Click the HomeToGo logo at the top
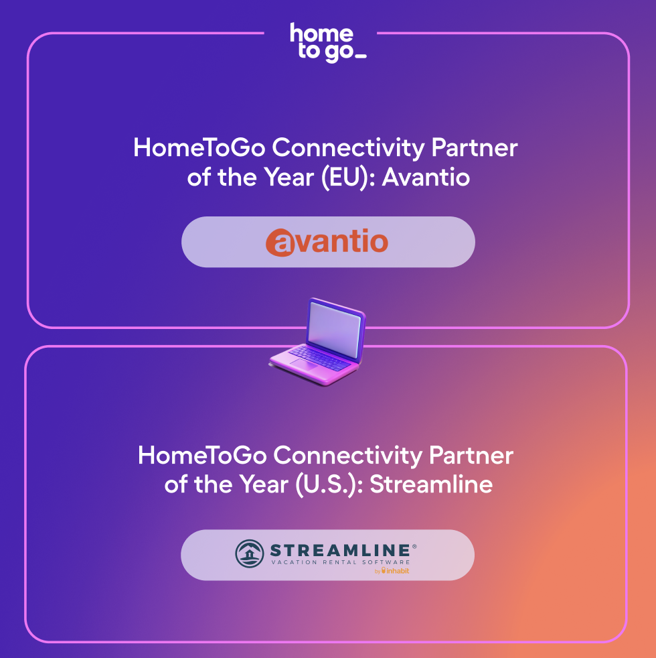point(328,43)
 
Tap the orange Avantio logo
point(327,242)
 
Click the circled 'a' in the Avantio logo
point(280,243)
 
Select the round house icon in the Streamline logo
point(250,553)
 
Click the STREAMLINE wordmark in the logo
point(340,550)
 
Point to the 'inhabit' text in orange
point(396,571)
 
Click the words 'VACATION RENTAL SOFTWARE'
point(340,562)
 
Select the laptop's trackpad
point(303,365)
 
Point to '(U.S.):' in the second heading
point(329,484)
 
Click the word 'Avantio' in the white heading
point(426,178)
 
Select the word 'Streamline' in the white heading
point(431,484)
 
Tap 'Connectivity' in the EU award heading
point(348,149)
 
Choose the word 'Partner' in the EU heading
point(475,148)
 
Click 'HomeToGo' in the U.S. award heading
point(202,456)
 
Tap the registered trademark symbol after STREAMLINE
point(414,546)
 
